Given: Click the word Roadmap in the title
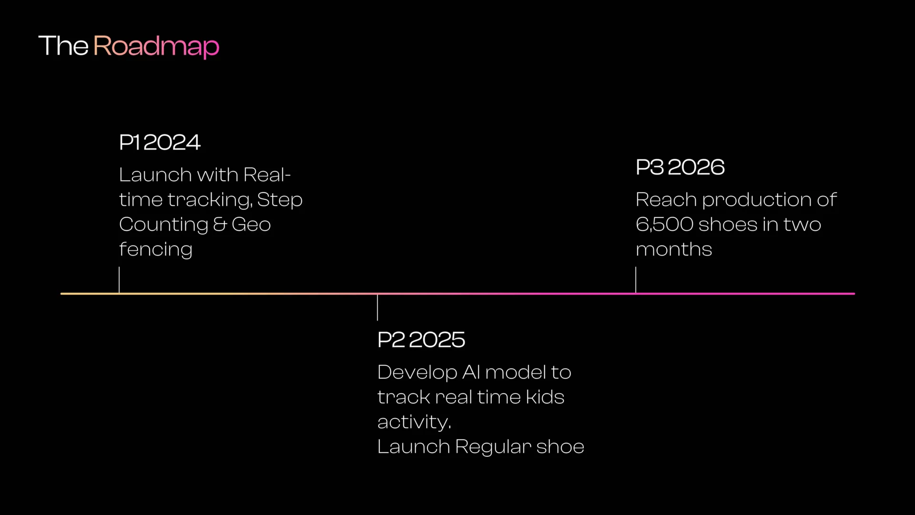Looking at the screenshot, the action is click(x=156, y=47).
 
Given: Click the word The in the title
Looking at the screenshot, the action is click(x=63, y=46).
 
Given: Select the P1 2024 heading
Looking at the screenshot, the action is click(x=160, y=142).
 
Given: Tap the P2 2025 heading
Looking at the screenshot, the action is click(x=421, y=340).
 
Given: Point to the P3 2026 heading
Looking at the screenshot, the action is click(x=680, y=167).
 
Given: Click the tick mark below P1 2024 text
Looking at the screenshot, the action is click(x=119, y=279).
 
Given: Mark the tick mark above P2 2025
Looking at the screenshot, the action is click(x=377, y=308).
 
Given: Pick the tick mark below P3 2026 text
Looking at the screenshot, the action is click(x=636, y=279).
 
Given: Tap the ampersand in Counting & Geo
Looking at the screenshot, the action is click(x=220, y=224).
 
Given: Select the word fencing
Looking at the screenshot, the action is click(x=155, y=249).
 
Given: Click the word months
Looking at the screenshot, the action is click(x=674, y=249).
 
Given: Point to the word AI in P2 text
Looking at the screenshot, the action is click(x=471, y=372).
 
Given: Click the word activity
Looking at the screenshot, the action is click(x=414, y=422).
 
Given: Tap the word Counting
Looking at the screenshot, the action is click(x=163, y=225).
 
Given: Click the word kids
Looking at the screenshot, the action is click(x=545, y=397).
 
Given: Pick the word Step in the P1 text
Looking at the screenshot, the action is click(x=280, y=200).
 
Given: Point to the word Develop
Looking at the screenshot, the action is click(x=417, y=372).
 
